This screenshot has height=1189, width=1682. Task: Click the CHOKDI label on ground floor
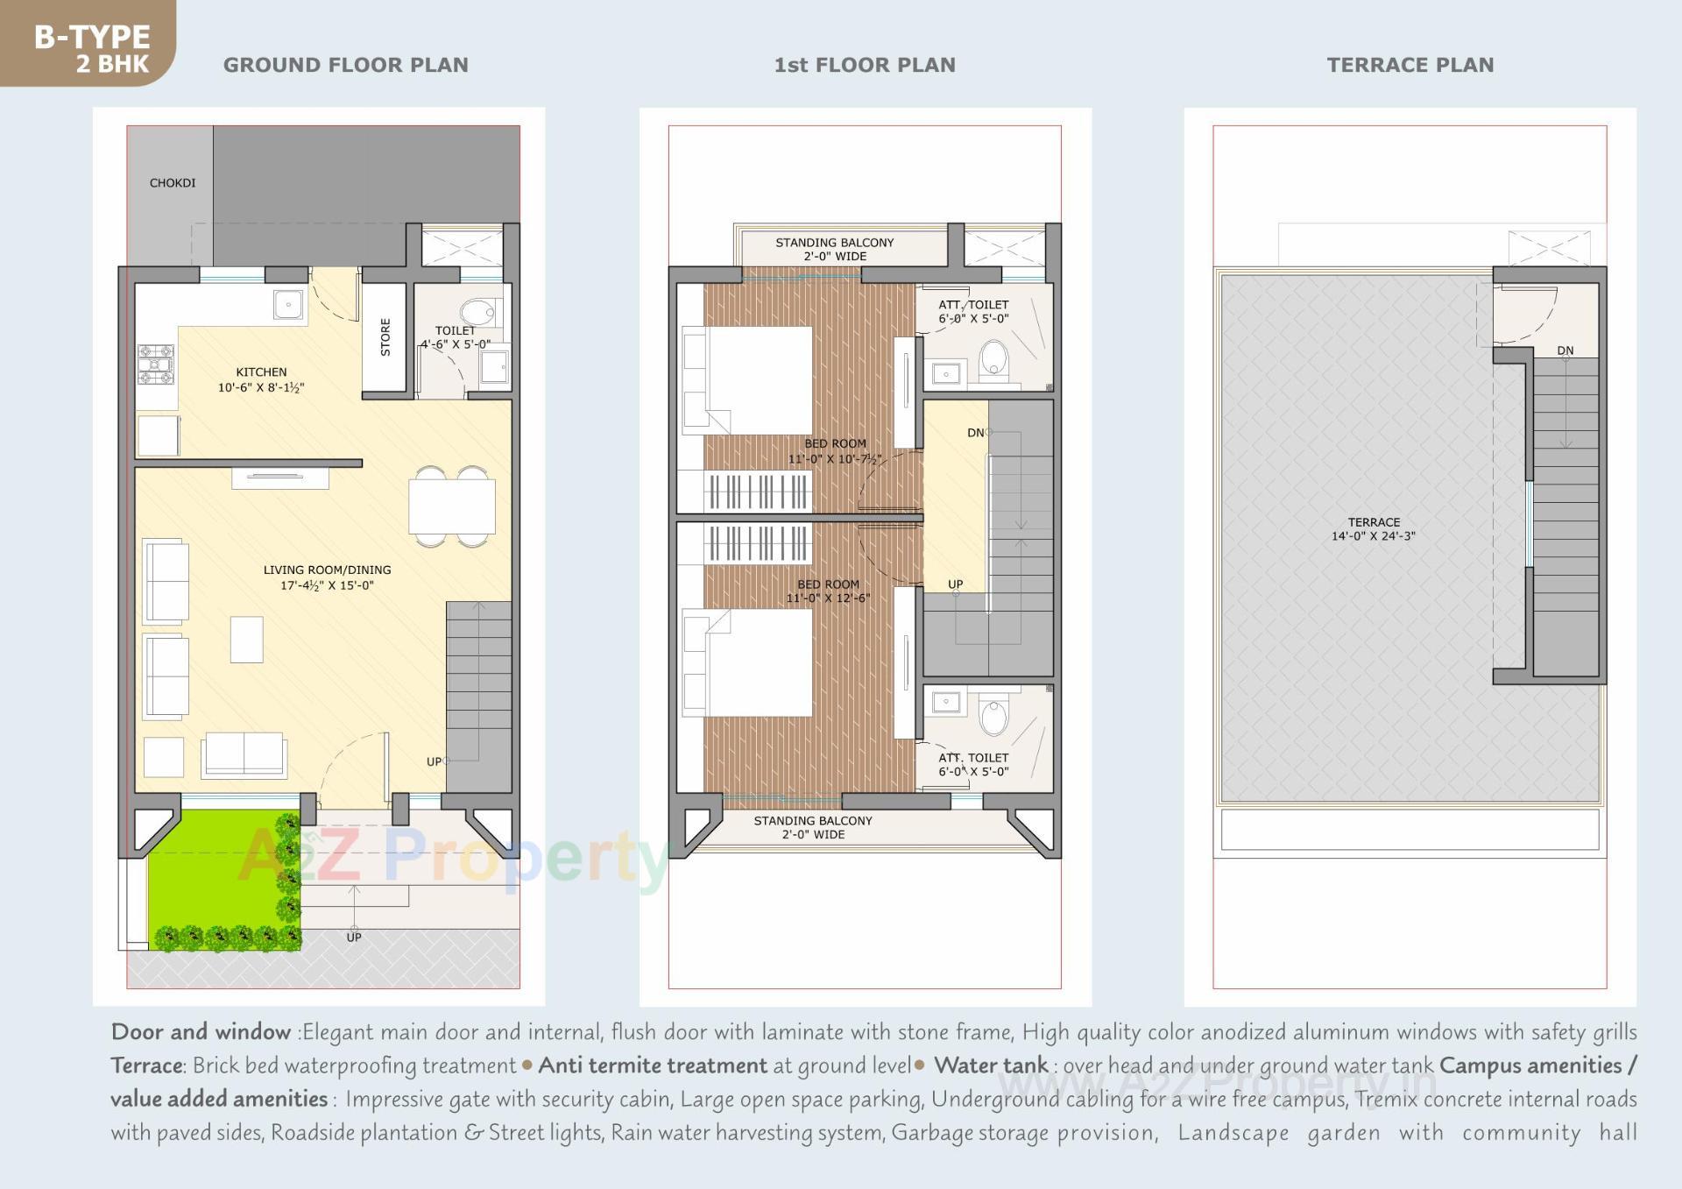[x=173, y=183]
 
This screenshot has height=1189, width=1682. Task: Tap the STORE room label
[x=385, y=337]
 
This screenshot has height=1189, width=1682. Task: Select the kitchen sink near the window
[x=287, y=305]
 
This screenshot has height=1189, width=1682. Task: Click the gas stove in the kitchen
[x=155, y=364]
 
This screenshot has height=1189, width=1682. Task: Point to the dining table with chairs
[x=451, y=507]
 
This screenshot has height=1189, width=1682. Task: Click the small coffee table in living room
[x=246, y=640]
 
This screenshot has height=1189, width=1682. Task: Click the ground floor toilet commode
[x=478, y=311]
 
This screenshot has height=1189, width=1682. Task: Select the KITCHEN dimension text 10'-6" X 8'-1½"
[x=261, y=387]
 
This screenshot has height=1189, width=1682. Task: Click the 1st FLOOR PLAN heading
[x=865, y=65]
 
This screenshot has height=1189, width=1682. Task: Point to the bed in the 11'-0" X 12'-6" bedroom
[x=749, y=662]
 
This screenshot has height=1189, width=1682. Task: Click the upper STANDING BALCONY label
[x=834, y=243]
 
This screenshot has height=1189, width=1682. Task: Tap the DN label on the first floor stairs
[x=975, y=433]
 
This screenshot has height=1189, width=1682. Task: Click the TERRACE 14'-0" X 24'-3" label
[x=1373, y=529]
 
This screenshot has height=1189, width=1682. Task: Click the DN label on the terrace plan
[x=1565, y=350]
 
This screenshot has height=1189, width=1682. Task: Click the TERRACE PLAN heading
[x=1410, y=65]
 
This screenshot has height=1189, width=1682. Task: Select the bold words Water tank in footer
[x=990, y=1065]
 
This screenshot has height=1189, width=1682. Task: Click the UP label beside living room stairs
[x=433, y=761]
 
